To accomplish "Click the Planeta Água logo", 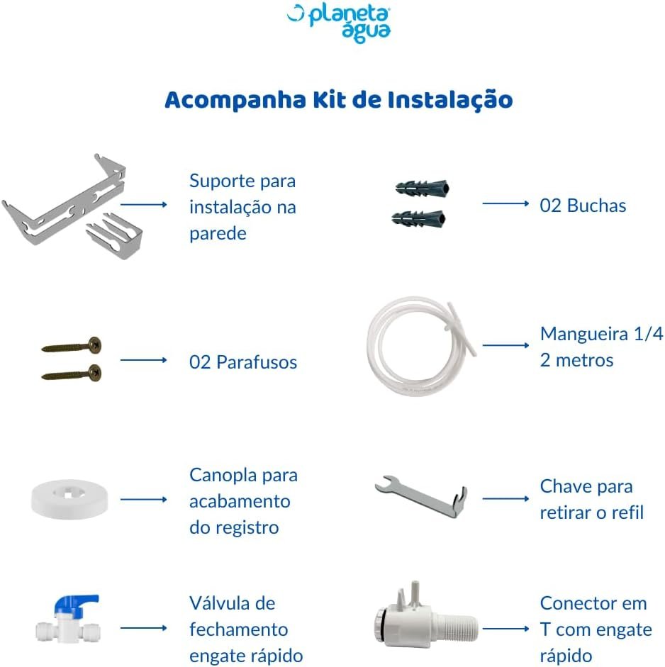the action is coord(339,23).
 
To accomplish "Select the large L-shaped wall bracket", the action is coord(64,200).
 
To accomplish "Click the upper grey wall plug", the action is coord(422,188).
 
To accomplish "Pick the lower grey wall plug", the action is coord(418,218).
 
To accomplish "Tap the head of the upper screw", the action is coord(95,344).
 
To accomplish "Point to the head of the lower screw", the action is coord(94,373).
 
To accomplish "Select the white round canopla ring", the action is coord(69,500).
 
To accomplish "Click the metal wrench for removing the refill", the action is coord(421,496).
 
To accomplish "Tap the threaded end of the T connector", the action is coord(455,628).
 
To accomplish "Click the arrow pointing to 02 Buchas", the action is coord(505,203).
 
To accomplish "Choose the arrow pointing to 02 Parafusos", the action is coord(143,360).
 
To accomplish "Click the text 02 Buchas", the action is coord(583,206).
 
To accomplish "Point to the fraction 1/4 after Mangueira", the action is coord(649,334).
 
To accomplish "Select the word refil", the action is coord(627,512).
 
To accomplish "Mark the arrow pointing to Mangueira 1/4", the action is coord(505,345).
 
